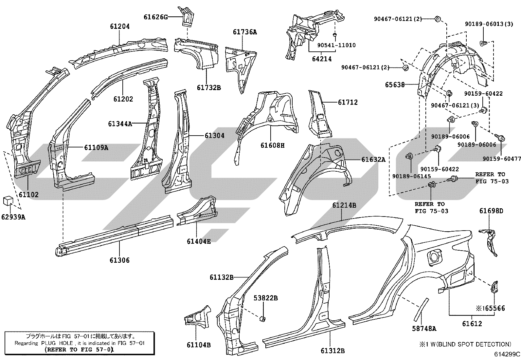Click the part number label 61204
click(120, 26)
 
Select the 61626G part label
click(155, 17)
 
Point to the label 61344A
click(120, 123)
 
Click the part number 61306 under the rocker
click(119, 260)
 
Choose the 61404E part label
click(199, 241)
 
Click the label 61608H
click(272, 145)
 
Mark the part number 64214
click(322, 59)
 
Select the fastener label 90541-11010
click(336, 45)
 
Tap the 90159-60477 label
click(502, 159)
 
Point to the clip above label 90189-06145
click(409, 156)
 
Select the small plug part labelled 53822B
click(262, 318)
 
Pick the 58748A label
click(424, 328)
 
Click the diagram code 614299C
click(507, 354)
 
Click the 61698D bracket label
click(491, 211)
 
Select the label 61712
click(348, 102)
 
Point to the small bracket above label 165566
click(494, 287)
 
